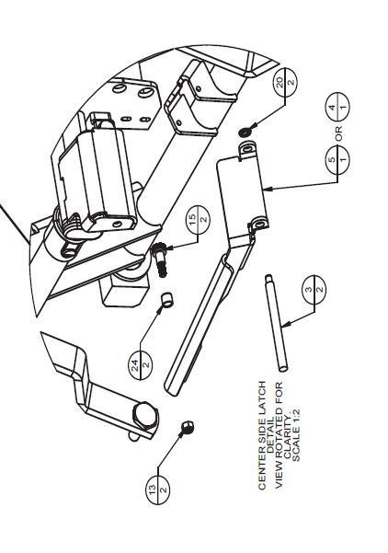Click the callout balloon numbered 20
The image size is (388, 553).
click(285, 83)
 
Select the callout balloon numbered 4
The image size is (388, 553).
click(337, 106)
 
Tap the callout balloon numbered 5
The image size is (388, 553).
click(337, 159)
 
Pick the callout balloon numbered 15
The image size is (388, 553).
click(198, 220)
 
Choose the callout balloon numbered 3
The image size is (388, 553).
click(314, 290)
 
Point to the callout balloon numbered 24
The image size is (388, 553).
click(141, 365)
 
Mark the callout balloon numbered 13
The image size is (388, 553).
click(157, 490)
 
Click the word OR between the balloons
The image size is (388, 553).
click(338, 133)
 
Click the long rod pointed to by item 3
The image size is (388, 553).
click(277, 323)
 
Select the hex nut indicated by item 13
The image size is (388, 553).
click(188, 428)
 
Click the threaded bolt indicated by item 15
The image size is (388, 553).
click(160, 261)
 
